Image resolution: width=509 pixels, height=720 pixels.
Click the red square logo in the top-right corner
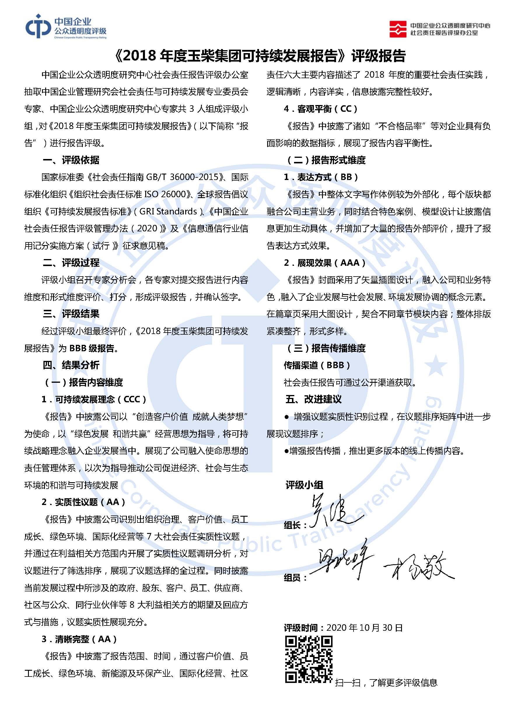point(398,29)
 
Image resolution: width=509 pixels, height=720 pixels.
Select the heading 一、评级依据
point(71,160)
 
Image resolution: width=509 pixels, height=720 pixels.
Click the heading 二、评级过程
point(71,263)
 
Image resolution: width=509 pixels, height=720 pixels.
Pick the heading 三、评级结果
point(71,314)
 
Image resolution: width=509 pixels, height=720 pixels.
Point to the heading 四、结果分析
point(71,365)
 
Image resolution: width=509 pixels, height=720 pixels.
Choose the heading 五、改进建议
point(313,399)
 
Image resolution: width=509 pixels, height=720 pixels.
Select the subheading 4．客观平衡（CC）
point(321,109)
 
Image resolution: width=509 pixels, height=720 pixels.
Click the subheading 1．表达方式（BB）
point(321,177)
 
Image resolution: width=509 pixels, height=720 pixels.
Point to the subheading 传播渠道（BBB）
point(317,365)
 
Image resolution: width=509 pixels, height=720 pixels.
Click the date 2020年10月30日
point(364,628)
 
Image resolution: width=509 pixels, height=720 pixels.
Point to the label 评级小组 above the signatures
point(304,485)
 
